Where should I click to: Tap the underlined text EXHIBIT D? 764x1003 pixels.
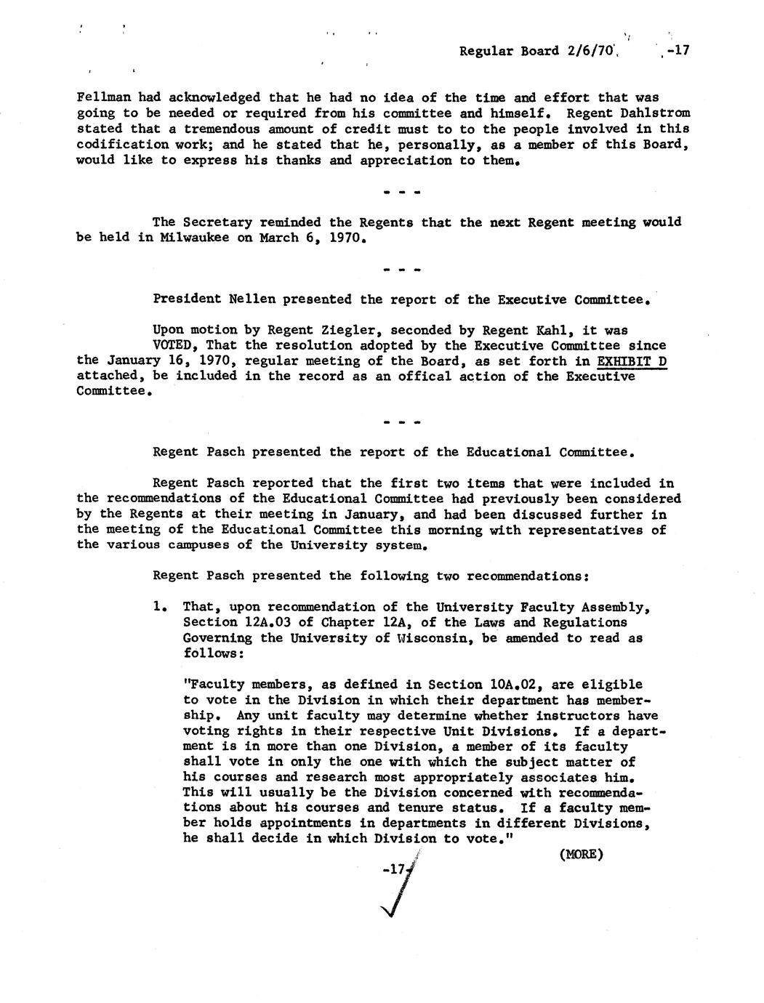[x=632, y=361]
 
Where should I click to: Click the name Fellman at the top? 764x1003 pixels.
[x=100, y=97]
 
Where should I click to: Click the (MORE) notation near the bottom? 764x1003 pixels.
[x=582, y=855]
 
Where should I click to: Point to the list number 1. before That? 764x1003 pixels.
[x=161, y=607]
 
